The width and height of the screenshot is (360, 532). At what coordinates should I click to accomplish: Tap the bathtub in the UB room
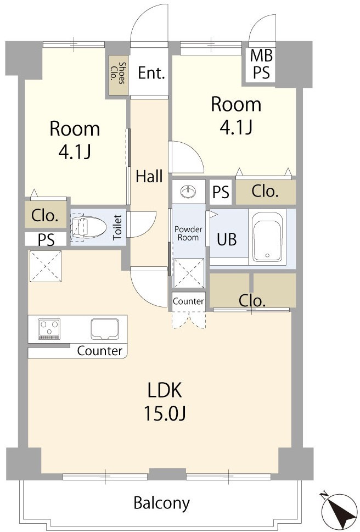267,237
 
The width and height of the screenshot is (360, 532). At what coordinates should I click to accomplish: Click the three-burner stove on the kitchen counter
49,329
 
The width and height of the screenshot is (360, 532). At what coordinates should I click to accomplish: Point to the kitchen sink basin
105,329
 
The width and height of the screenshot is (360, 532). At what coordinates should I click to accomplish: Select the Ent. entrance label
151,73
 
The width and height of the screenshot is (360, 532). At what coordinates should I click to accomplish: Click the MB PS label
261,64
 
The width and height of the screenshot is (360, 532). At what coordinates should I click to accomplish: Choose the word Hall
149,176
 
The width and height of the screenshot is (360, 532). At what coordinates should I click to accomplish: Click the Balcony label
162,503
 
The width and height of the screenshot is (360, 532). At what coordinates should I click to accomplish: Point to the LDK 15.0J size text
165,401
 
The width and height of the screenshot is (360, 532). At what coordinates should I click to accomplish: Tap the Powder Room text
188,233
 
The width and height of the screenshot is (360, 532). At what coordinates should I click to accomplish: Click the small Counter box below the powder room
188,301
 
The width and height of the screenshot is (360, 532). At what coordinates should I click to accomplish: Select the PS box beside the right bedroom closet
221,192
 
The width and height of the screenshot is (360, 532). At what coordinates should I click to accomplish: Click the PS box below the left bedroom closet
46,239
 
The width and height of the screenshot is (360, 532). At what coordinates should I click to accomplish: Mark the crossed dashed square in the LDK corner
46,266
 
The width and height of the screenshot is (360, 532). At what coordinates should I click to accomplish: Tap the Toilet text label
117,227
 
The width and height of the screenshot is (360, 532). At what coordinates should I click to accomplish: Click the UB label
227,239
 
